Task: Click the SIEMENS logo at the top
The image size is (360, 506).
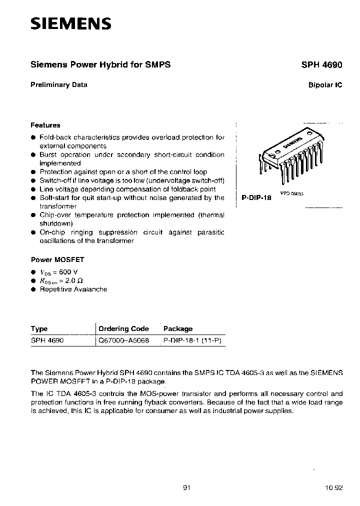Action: click(x=70, y=23)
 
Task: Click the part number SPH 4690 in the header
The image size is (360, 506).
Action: click(x=321, y=64)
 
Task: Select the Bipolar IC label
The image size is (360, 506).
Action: click(x=325, y=85)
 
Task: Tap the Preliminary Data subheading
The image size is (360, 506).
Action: click(x=59, y=84)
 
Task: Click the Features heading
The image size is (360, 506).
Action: click(x=45, y=125)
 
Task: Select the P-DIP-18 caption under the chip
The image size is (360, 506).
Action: click(x=256, y=197)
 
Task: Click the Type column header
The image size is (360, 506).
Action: click(x=39, y=328)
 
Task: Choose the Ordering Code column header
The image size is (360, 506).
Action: click(x=124, y=328)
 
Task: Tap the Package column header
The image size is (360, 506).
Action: click(x=178, y=328)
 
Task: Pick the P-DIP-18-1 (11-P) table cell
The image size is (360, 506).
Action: click(x=192, y=340)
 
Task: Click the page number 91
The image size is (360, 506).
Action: click(x=187, y=487)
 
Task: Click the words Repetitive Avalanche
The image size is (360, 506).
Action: click(x=73, y=289)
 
